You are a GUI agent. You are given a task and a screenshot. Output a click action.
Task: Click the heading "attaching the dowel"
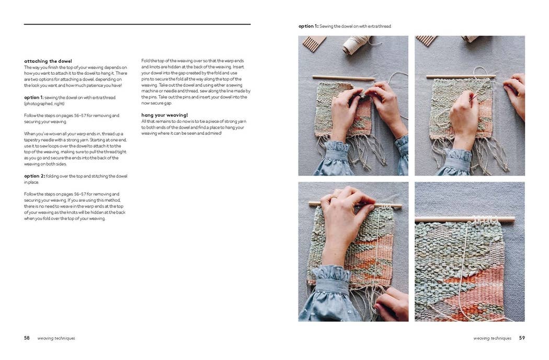[x=48, y=61]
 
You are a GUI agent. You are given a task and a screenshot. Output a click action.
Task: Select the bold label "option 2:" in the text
[x=34, y=176]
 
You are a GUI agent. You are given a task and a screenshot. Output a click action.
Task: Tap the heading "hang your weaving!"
[x=165, y=115]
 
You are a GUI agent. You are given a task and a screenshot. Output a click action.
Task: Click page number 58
[x=27, y=338]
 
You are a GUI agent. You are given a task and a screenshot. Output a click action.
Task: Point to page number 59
[x=522, y=338]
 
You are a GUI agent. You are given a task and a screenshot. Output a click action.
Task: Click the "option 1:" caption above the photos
[x=308, y=26]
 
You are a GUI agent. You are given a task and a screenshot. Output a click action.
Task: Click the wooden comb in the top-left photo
[x=314, y=43]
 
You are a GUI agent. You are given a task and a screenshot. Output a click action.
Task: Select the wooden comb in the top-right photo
[x=426, y=40]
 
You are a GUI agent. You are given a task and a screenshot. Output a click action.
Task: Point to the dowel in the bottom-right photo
[x=465, y=219]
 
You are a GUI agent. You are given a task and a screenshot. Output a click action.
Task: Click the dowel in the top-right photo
[x=460, y=77]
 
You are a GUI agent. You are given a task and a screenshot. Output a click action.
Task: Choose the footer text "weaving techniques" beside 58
[x=56, y=339]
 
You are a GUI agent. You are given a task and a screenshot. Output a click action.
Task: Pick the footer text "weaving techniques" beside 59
[x=493, y=339]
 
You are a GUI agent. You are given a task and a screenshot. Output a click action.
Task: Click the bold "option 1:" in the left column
[x=34, y=98]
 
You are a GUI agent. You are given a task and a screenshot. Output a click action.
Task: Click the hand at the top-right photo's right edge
[x=516, y=94]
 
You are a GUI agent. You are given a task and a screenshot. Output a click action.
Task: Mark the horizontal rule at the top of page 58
[x=137, y=24]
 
